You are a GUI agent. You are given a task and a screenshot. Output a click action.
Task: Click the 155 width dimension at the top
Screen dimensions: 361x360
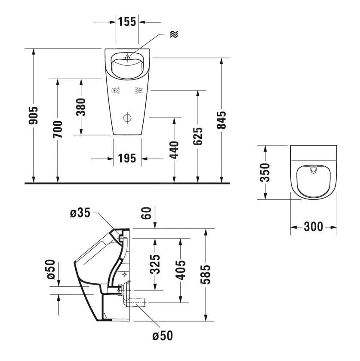[x=127, y=21]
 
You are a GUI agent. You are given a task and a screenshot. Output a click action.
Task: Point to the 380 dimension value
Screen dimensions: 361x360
[x=81, y=107]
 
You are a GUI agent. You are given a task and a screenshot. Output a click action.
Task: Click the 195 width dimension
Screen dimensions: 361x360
[x=127, y=159]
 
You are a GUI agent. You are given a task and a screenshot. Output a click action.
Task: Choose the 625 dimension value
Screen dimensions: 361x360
[x=198, y=136]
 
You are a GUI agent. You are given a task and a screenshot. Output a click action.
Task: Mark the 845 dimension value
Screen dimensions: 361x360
[x=222, y=120]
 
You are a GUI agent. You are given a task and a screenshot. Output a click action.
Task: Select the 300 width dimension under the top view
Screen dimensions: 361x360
[x=313, y=227]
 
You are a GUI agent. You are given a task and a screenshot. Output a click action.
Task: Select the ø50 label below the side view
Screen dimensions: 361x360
[x=163, y=335]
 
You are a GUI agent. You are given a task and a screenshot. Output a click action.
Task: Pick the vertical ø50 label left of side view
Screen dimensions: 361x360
[x=50, y=269]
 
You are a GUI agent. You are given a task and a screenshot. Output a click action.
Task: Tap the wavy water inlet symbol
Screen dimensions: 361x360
[x=174, y=34]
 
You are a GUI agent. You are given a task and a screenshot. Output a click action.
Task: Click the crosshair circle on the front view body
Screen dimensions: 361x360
[x=128, y=118]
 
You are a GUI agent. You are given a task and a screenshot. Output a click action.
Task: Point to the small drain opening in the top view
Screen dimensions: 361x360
[x=313, y=171]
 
